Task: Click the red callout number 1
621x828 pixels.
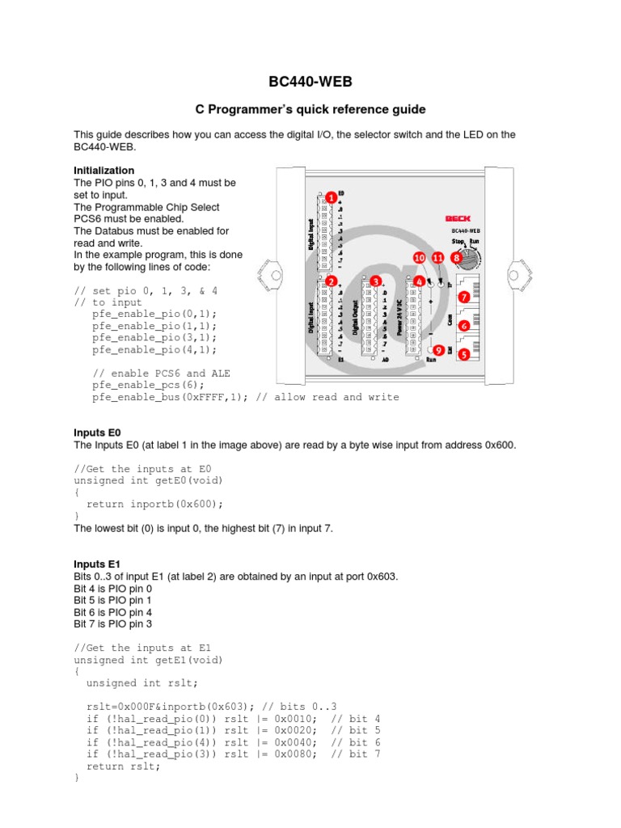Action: click(x=332, y=197)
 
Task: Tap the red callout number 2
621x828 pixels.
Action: click(x=332, y=281)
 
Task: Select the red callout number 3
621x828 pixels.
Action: click(x=375, y=281)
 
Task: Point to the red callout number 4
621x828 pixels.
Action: click(x=419, y=281)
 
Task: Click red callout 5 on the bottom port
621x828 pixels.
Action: click(x=463, y=353)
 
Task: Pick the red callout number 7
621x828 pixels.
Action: click(x=463, y=298)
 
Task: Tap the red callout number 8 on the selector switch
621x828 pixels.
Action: click(x=457, y=257)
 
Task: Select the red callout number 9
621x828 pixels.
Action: click(x=438, y=350)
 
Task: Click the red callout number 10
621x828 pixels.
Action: click(x=418, y=257)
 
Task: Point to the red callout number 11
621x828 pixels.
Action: click(x=438, y=257)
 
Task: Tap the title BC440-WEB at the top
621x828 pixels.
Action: click(x=310, y=82)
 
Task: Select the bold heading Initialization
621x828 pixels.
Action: click(x=103, y=171)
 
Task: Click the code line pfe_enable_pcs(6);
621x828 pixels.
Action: click(x=154, y=386)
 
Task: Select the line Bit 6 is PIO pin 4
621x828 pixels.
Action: click(x=112, y=612)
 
